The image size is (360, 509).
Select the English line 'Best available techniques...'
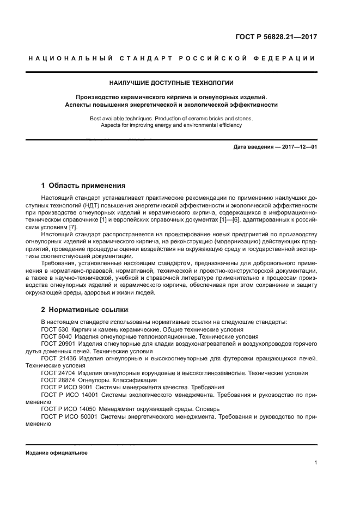[x=172, y=118]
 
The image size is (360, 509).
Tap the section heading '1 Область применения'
[x=83, y=185]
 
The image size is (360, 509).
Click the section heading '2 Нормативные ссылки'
[x=84, y=310]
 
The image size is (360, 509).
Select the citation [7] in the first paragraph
[x=72, y=227]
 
